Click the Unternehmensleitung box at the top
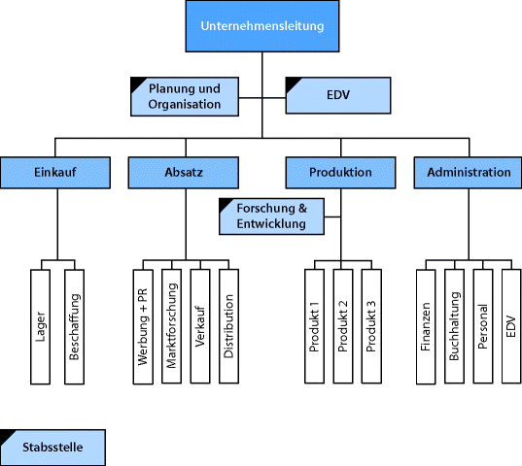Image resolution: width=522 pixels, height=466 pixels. point(262,27)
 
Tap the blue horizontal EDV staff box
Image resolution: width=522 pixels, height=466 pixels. point(338,95)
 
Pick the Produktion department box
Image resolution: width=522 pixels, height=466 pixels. point(340,173)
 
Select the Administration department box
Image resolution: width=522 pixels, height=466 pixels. point(468,173)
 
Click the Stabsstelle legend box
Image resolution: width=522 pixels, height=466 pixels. point(52,448)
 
